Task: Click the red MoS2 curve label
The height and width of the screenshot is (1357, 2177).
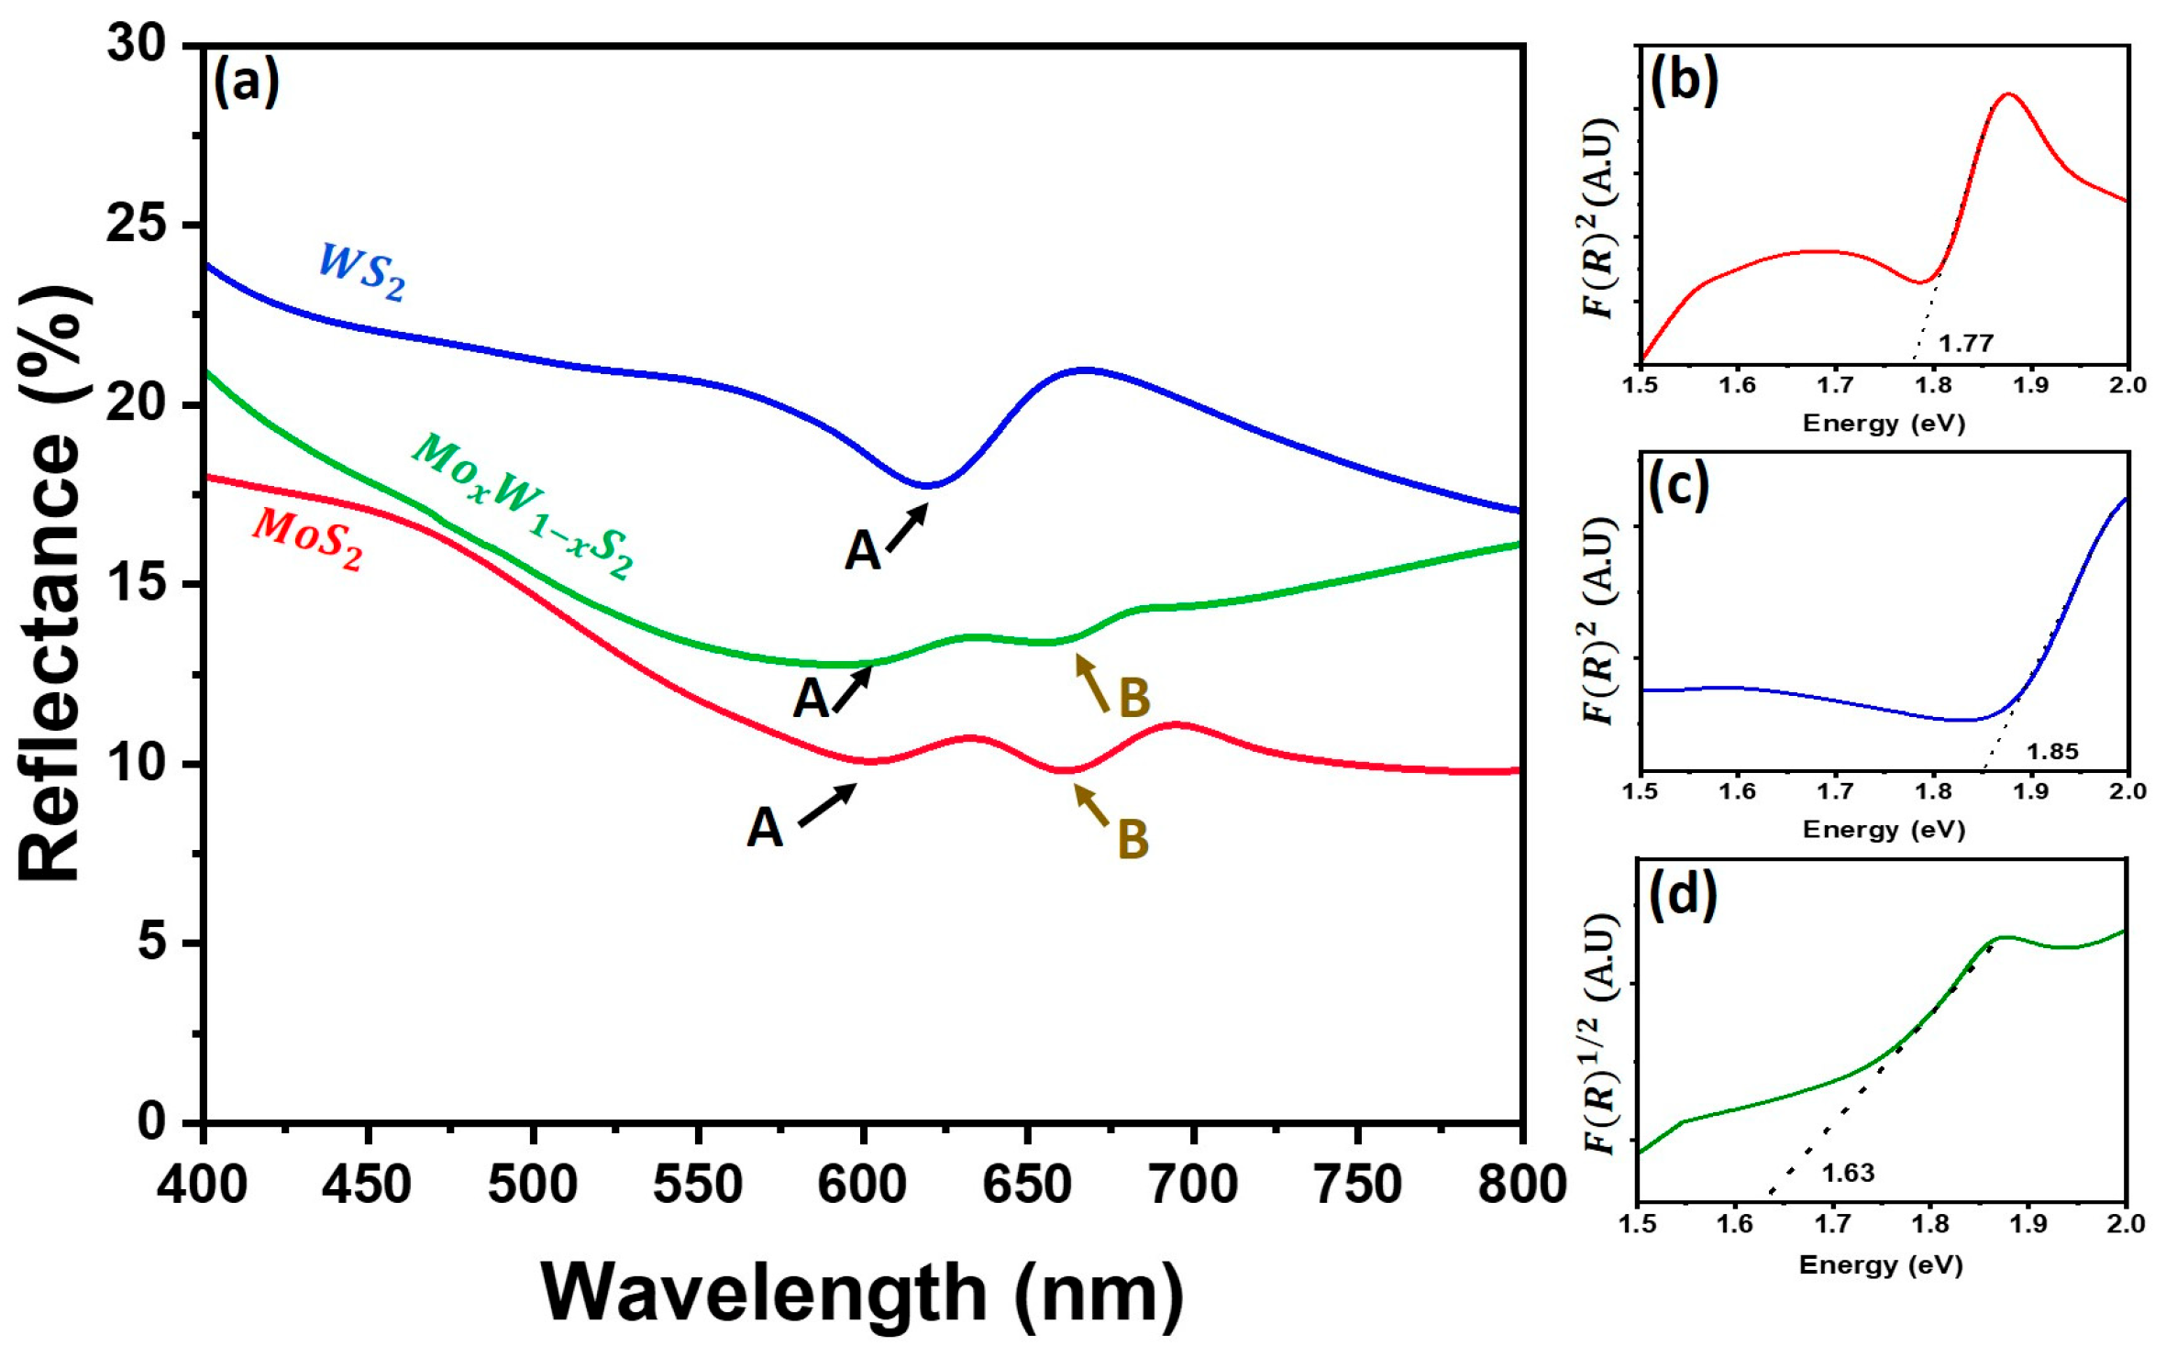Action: coord(307,540)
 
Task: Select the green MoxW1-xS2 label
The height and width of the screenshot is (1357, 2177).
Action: coord(523,506)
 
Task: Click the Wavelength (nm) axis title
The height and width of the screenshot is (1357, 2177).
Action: coord(862,1292)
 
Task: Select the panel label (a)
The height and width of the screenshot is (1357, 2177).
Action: coord(246,83)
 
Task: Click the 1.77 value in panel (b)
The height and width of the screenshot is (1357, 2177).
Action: coord(1966,344)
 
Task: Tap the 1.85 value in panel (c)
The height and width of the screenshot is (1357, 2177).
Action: coord(2051,752)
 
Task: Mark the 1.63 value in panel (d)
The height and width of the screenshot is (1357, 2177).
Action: coord(1847,1173)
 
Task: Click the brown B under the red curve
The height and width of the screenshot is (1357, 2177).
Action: coord(1133,838)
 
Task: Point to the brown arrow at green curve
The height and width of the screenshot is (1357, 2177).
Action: coord(1092,683)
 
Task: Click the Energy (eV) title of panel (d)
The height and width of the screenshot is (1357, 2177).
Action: coord(1880,1265)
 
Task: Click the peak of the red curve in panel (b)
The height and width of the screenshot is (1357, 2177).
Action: coord(2008,94)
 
